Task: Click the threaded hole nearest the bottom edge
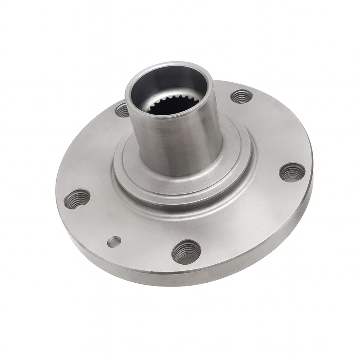[x=186, y=252]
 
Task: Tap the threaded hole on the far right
[x=292, y=172]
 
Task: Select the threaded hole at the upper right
[x=242, y=96]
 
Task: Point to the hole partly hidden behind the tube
[x=122, y=111]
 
